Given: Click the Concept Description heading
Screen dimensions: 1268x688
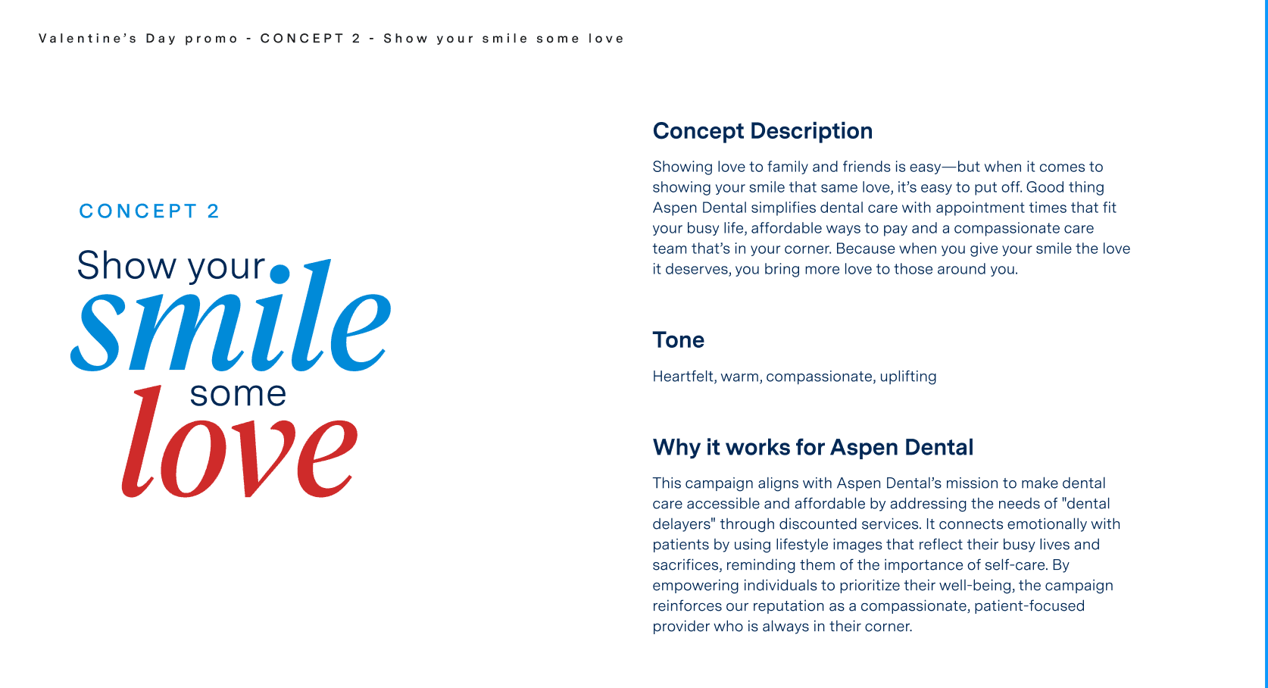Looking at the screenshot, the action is [762, 131].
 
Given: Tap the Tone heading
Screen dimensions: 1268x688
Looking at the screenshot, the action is [678, 339].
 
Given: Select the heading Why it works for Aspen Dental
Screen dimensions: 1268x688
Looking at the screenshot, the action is [812, 447].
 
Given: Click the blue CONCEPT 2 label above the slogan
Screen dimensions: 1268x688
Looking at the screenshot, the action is [149, 211].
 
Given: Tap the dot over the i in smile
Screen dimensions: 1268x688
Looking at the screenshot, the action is [280, 274].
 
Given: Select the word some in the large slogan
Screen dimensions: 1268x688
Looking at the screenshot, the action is [238, 394].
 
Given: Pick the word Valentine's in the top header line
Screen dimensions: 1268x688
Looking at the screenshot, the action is [88, 39].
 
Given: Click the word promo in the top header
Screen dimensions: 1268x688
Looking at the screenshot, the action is [211, 39].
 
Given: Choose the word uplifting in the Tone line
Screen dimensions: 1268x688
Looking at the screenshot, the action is [908, 377].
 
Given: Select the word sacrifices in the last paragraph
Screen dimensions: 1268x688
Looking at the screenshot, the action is [686, 565].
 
